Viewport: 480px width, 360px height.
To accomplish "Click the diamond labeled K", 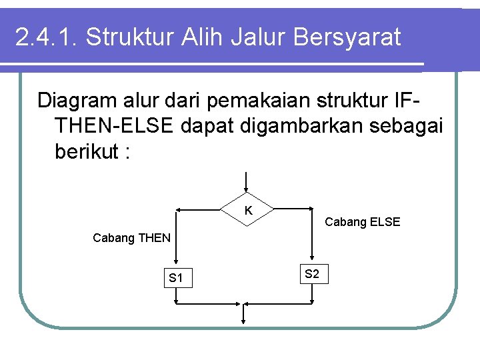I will click(248, 210).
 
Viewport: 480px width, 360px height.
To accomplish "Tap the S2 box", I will click(311, 274).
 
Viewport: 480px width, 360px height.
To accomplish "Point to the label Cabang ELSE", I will click(362, 222).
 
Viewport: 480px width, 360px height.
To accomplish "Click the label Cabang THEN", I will click(132, 237).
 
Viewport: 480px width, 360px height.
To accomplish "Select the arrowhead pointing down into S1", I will click(176, 263).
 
